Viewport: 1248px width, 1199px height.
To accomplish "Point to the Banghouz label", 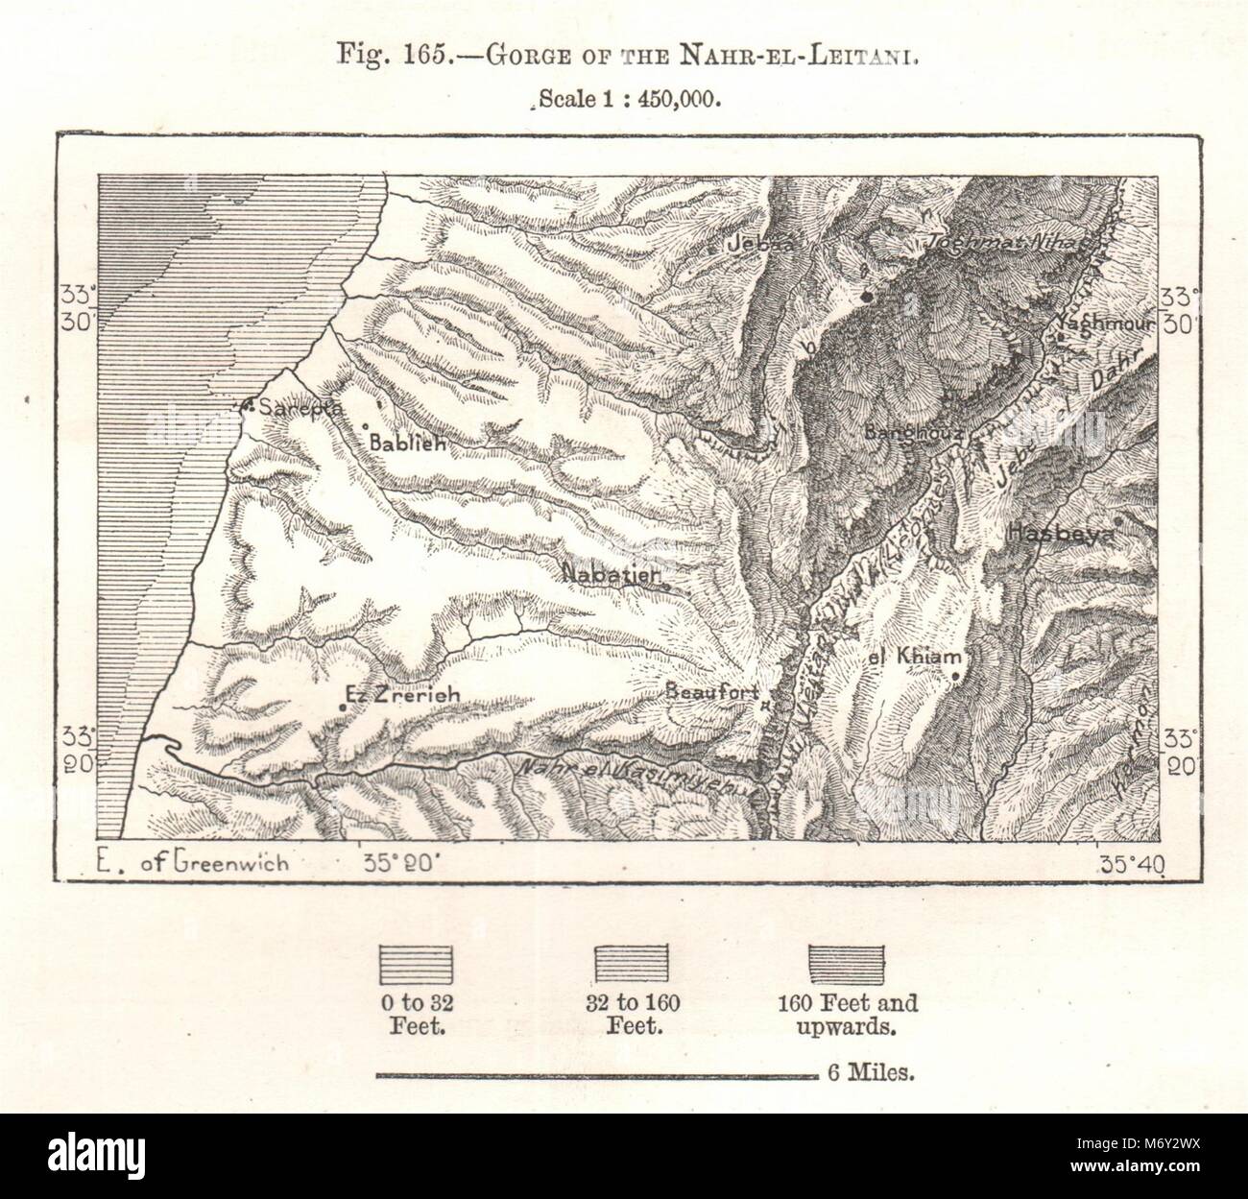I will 913,433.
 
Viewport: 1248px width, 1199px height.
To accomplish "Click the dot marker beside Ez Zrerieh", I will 342,707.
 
